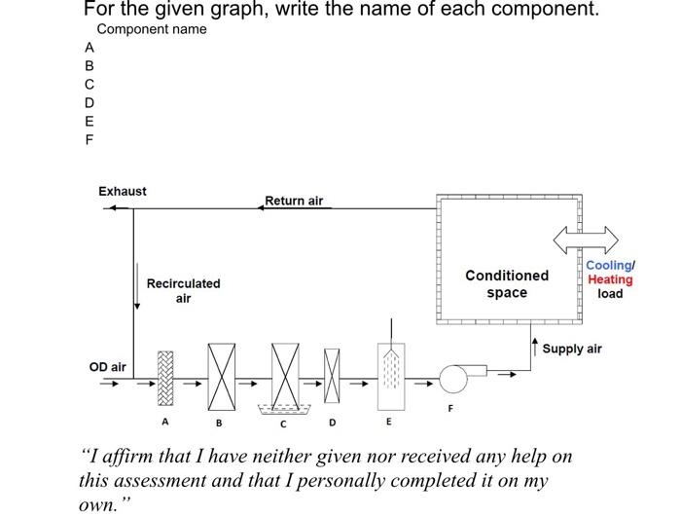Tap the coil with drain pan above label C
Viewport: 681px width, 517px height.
pos(285,374)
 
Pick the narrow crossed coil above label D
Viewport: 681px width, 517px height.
pos(333,374)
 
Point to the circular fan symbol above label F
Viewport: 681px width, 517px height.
pos(452,378)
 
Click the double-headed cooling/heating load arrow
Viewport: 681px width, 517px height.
pos(586,239)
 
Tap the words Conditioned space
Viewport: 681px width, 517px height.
pos(507,283)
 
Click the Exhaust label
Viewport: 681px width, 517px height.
pos(123,191)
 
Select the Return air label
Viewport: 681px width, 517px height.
pos(294,201)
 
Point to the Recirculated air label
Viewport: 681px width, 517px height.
pos(183,290)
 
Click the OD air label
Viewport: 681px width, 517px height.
pos(107,367)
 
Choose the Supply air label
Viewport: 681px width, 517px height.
pos(572,349)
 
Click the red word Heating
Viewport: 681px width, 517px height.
pos(610,279)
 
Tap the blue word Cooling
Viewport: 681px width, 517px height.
pos(608,266)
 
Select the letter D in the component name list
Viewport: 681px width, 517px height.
pos(90,102)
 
